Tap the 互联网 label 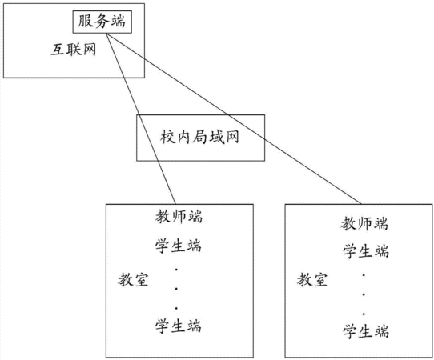tap(74, 50)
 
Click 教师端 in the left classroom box tap(179, 217)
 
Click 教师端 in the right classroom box tap(364, 223)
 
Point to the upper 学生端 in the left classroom tap(178, 246)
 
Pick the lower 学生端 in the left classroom tap(178, 326)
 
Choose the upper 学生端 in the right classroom tap(366, 252)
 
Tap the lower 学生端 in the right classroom tap(366, 331)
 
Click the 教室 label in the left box tap(133, 279)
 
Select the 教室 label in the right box tap(312, 279)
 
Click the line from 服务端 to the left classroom tap(141, 119)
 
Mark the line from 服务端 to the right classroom tap(234, 119)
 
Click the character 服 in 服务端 tap(85, 21)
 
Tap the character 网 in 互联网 tap(90, 50)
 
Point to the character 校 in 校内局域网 tap(167, 137)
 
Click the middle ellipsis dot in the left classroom tap(176, 289)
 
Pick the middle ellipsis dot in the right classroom tap(364, 294)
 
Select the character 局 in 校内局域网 tap(199, 137)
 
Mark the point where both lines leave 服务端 tap(106, 34)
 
